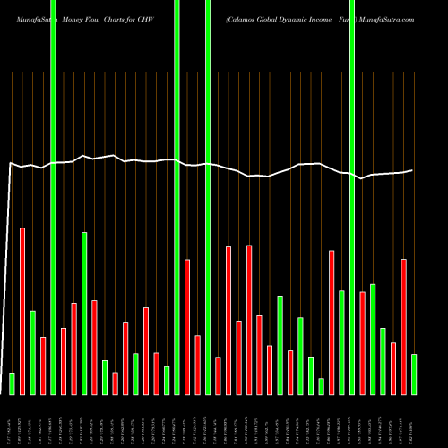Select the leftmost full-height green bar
(x=53, y=197)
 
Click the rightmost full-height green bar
(x=352, y=197)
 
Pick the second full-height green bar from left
(x=177, y=197)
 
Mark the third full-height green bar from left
(x=208, y=197)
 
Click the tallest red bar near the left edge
(x=22, y=311)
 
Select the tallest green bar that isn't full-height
(x=84, y=313)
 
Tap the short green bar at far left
(x=12, y=383)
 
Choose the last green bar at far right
(x=414, y=374)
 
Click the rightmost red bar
(x=403, y=326)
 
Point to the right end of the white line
(x=412, y=170)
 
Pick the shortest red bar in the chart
(x=115, y=383)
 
